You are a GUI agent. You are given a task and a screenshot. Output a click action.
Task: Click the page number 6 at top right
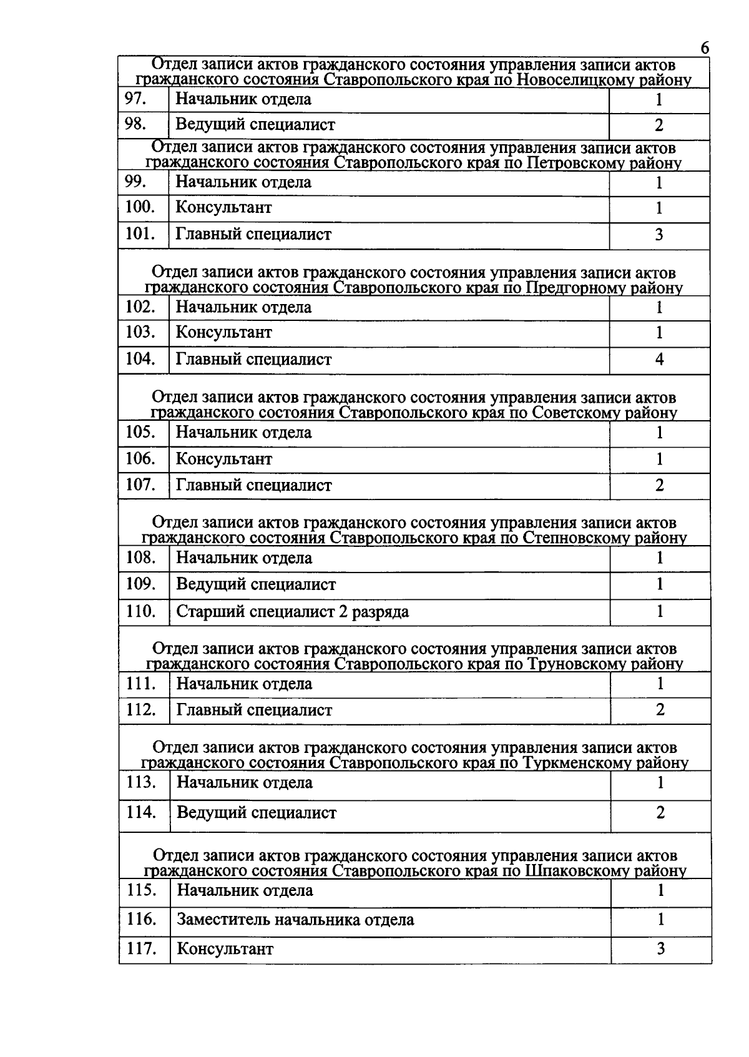[705, 48]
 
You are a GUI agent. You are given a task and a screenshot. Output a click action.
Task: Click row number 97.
[135, 99]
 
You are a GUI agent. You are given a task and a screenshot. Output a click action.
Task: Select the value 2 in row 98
[658, 125]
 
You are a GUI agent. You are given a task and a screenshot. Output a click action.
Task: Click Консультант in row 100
[223, 207]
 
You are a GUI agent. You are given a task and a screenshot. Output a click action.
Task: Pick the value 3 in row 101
[658, 235]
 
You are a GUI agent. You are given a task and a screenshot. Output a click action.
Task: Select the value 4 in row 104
[658, 360]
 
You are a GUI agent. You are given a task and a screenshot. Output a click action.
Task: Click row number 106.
[140, 459]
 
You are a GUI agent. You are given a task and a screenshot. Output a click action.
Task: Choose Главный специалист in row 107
[253, 485]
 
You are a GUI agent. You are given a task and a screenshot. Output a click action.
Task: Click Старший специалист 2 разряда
[292, 611]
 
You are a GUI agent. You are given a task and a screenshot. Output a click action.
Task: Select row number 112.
[140, 710]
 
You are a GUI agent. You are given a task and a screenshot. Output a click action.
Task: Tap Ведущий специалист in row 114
[257, 813]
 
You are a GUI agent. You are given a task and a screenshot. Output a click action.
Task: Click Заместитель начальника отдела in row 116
[295, 920]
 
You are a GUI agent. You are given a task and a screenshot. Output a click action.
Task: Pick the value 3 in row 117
[660, 949]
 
